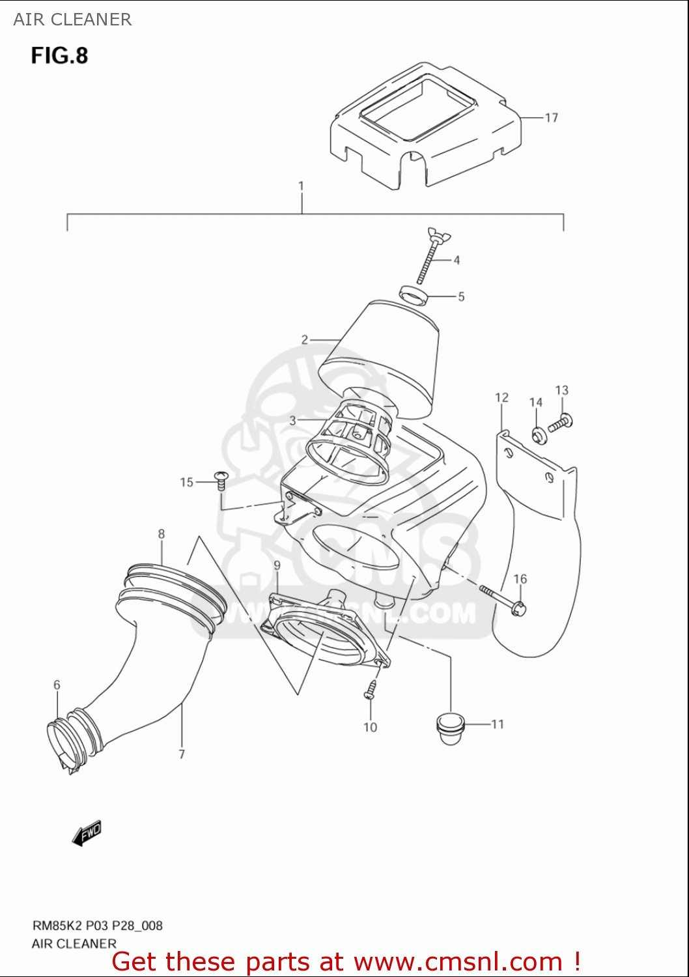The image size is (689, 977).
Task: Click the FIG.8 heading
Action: [x=59, y=56]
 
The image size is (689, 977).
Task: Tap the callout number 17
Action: [x=551, y=118]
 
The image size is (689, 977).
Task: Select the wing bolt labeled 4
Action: [x=427, y=257]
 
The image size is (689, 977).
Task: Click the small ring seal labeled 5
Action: [x=414, y=295]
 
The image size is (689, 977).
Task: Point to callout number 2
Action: [x=304, y=339]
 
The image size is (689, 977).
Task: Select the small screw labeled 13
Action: [x=560, y=423]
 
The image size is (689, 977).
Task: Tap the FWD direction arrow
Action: [x=87, y=833]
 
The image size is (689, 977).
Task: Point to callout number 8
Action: [x=162, y=534]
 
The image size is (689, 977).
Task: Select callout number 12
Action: [x=501, y=398]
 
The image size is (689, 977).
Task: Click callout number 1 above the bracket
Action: [x=301, y=186]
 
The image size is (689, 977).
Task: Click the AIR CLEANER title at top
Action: [x=72, y=20]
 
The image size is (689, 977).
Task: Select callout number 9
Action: [x=277, y=565]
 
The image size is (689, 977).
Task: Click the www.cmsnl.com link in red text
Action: [x=458, y=961]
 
